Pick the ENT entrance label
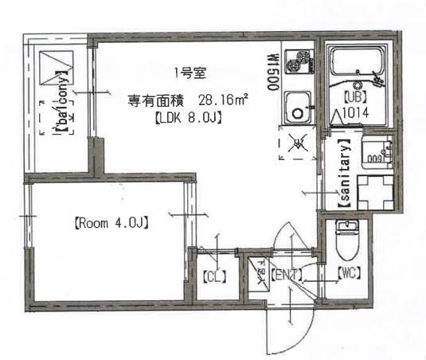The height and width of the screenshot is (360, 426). tap(286, 276)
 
